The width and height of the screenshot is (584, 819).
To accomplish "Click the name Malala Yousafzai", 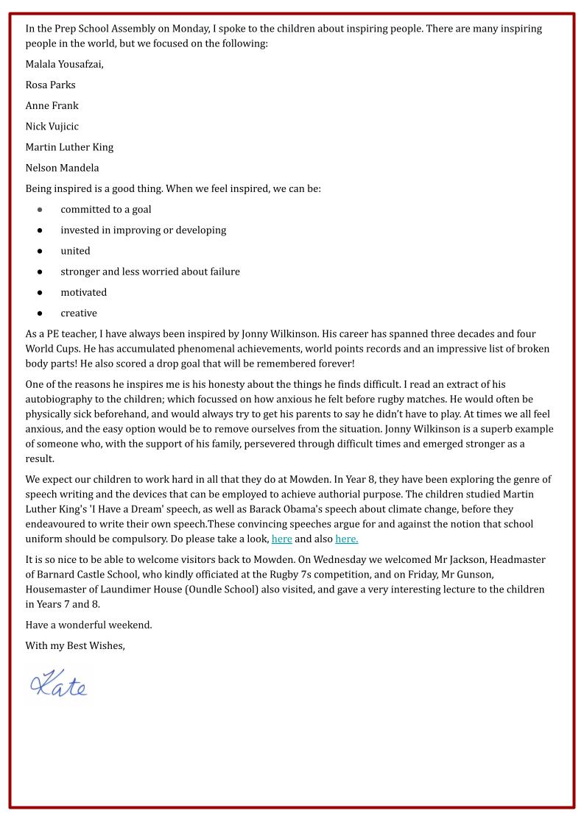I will [64, 64].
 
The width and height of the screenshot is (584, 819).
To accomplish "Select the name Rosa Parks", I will [50, 85].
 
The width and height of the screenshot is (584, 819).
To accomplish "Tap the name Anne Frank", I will [52, 105].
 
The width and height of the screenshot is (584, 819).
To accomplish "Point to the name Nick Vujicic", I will [52, 126].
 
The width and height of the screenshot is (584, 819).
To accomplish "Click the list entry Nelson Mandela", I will [62, 168].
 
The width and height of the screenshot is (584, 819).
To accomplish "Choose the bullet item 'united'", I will [75, 251].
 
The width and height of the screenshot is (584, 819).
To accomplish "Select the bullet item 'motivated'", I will [83, 292].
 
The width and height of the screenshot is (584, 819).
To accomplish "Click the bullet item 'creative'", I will [78, 313].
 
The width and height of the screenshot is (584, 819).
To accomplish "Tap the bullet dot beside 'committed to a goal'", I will [40, 210].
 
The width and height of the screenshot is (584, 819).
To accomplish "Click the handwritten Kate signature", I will [58, 684].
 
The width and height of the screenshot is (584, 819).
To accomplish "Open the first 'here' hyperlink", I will [281, 539].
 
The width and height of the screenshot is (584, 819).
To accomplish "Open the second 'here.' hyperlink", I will [346, 539].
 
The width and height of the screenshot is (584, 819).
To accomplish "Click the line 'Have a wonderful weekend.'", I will [88, 625].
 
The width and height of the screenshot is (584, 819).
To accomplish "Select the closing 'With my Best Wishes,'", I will [75, 645].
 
